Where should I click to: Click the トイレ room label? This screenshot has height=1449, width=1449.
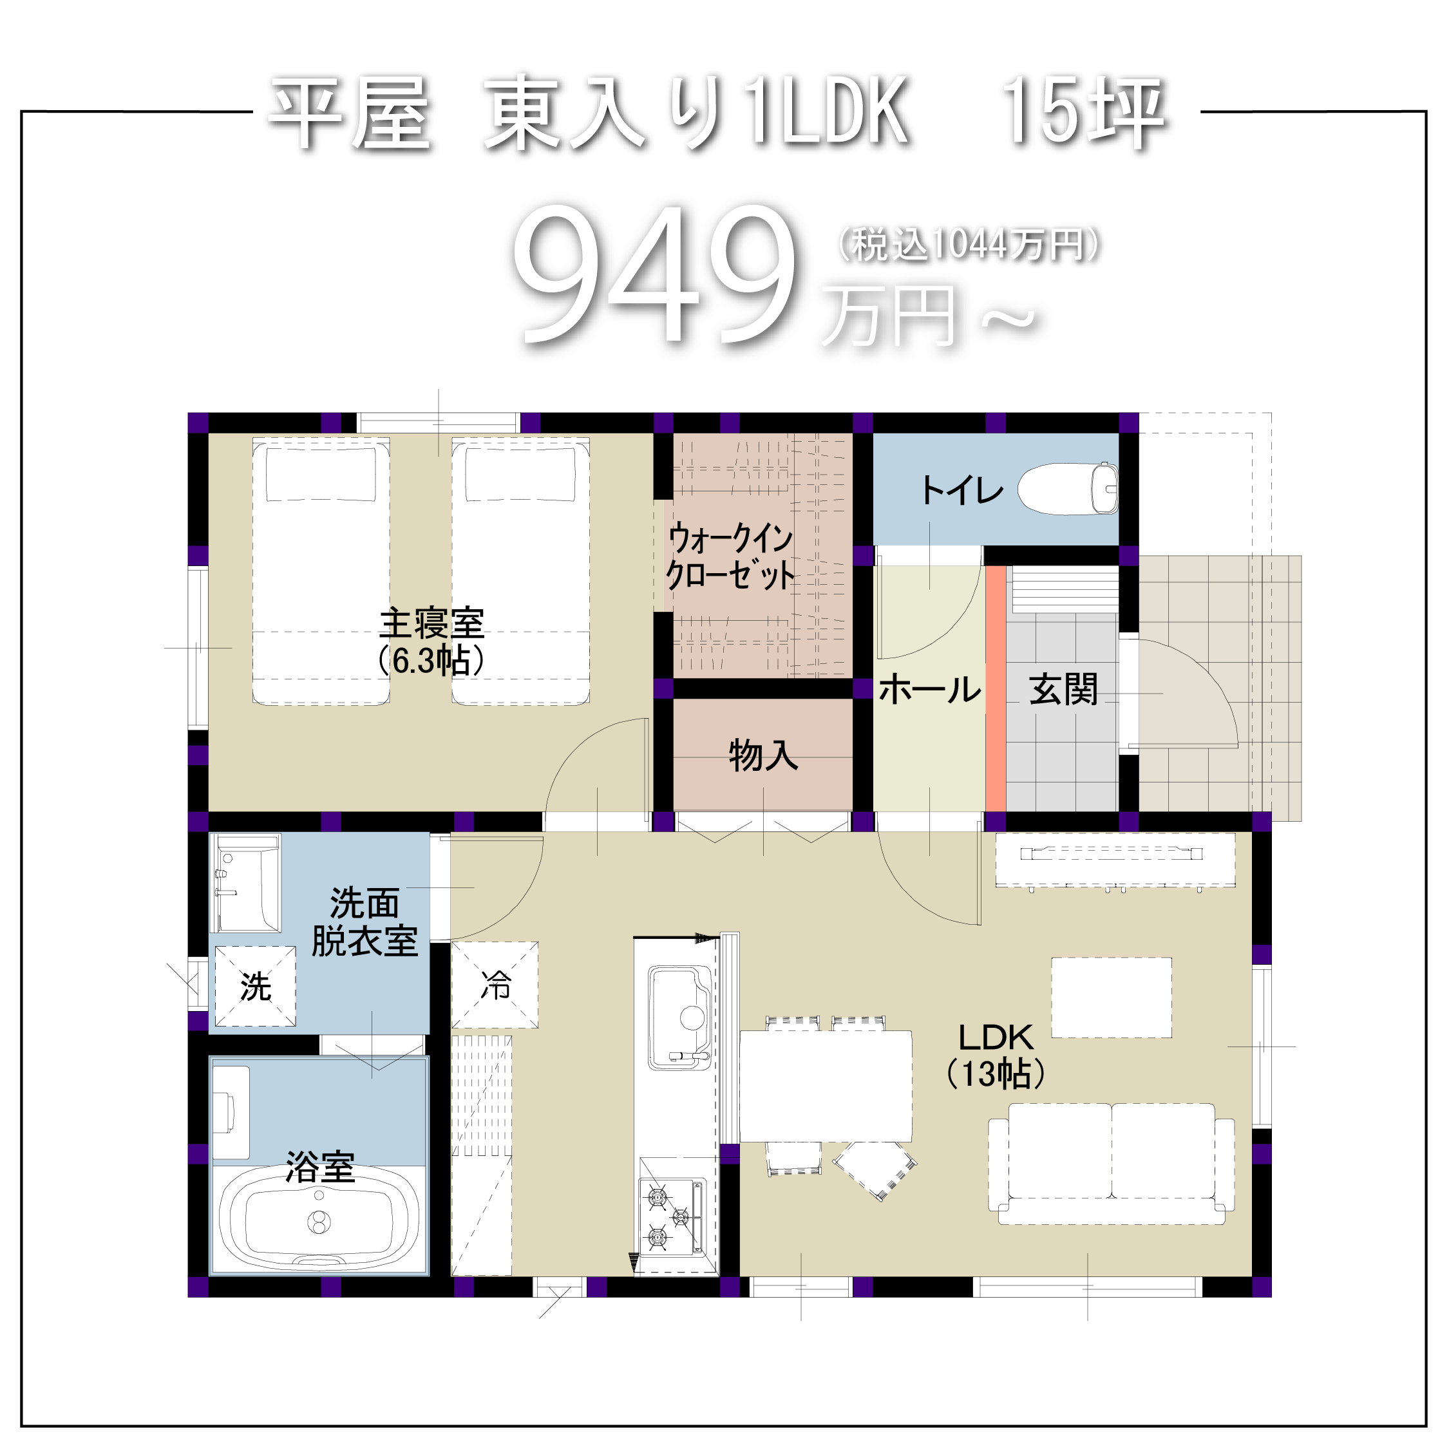[962, 491]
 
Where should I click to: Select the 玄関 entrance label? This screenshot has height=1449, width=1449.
[1063, 689]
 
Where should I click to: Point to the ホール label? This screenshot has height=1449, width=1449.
[930, 689]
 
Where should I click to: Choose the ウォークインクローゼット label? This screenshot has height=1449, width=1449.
[730, 556]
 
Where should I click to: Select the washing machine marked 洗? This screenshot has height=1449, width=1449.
[256, 986]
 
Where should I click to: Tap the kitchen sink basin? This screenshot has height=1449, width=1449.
[679, 1017]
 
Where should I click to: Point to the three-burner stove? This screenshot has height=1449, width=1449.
[672, 1217]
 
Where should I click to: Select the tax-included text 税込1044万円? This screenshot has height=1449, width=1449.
[969, 245]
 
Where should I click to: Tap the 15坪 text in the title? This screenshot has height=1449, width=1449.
[1084, 114]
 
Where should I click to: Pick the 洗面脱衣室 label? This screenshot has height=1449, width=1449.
[365, 922]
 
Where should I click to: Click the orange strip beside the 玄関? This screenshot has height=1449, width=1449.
[995, 688]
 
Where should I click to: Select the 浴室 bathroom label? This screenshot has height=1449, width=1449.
[320, 1168]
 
